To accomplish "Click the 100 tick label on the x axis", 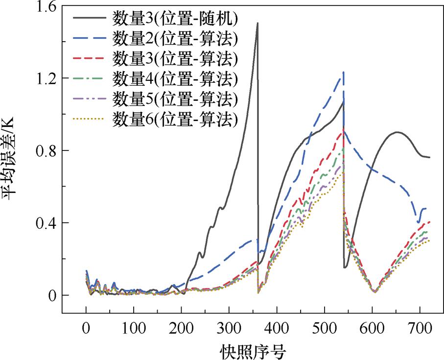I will coord(134,325).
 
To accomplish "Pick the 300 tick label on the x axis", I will coord(229,325).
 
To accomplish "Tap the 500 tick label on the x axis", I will coord(325,325).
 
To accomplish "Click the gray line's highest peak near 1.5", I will coord(257,23).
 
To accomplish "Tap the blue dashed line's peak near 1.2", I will coord(344,72).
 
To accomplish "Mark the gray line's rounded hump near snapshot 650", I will coord(397,132).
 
